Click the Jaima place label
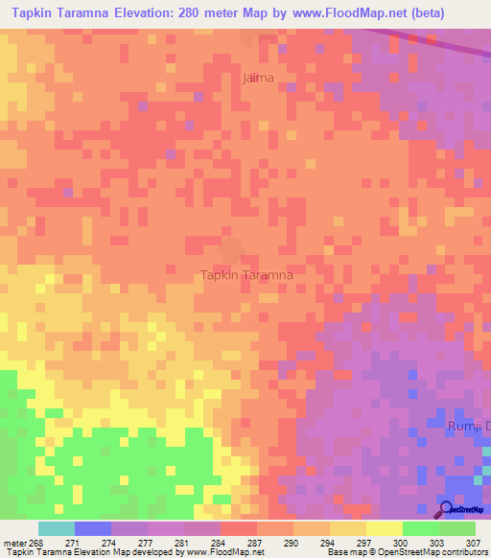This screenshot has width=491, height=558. [x=258, y=78]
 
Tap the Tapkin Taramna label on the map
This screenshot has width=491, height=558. [x=246, y=274]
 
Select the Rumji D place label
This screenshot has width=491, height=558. [x=469, y=425]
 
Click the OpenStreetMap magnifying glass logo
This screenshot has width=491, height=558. [x=447, y=508]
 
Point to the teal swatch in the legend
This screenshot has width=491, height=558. [x=56, y=528]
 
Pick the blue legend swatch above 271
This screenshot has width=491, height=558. [x=92, y=528]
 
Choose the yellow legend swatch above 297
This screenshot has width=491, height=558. [x=384, y=528]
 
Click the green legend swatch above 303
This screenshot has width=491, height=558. [x=420, y=528]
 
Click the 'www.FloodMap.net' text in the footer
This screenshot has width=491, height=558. [x=223, y=553]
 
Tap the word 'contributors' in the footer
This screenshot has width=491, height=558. [x=464, y=553]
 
